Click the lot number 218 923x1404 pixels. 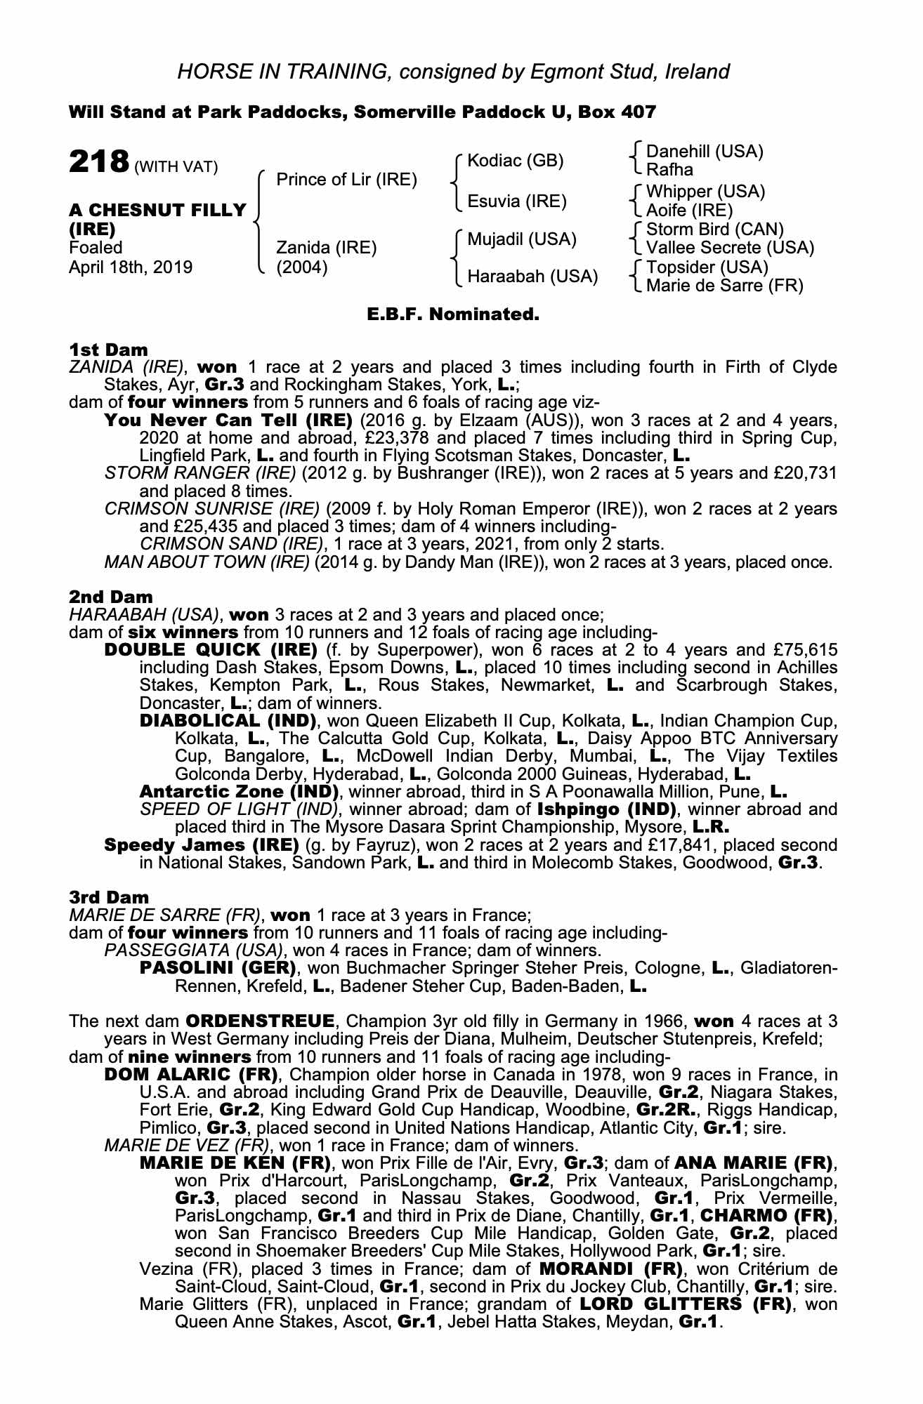98,162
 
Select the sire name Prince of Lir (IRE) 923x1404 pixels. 346,180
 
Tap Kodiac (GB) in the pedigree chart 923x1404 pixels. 515,161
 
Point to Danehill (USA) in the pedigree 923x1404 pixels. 704,152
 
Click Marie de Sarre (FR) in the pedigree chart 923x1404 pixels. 724,286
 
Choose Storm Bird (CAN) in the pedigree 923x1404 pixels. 714,230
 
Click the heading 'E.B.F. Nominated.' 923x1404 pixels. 453,314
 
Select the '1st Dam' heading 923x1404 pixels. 108,350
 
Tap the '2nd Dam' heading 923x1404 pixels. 110,597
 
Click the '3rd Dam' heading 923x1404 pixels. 109,897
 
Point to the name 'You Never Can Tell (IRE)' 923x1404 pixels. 228,420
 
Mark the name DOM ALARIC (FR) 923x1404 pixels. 192,1075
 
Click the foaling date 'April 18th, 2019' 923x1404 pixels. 130,267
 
